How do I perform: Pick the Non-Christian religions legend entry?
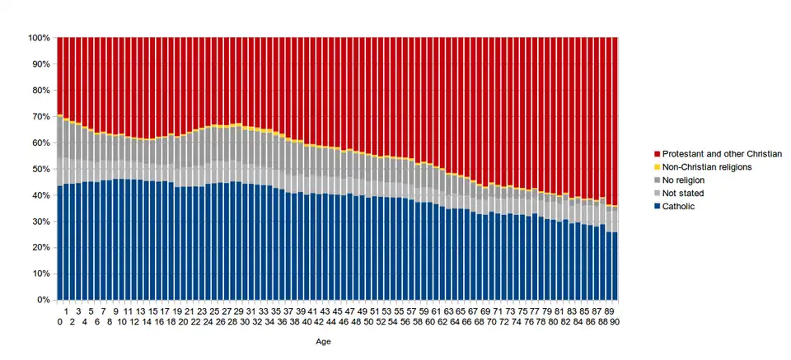(x=707, y=166)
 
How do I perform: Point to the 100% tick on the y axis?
(x=39, y=38)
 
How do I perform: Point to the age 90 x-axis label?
(x=614, y=320)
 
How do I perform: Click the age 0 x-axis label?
(x=60, y=320)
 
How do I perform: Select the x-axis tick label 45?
(x=338, y=311)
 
